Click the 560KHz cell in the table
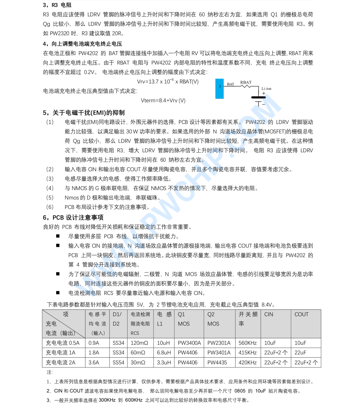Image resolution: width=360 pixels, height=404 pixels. click(248, 343)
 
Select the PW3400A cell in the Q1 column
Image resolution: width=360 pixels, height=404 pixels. click(189, 343)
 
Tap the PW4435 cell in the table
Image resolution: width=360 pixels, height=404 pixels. click(217, 363)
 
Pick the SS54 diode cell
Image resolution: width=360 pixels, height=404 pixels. click(118, 363)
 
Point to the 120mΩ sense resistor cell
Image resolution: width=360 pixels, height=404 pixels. click(139, 343)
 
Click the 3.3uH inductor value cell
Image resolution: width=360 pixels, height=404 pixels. click(164, 363)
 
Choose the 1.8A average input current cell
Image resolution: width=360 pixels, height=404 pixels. click(94, 353)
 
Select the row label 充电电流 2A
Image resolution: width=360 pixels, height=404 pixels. click(61, 363)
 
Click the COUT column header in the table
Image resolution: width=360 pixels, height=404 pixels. click(301, 314)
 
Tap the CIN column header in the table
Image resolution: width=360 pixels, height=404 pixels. click(269, 314)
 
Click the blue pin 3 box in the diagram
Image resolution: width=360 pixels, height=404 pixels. click(220, 89)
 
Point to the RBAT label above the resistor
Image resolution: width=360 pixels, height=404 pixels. click(246, 83)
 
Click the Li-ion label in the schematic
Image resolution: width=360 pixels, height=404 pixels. click(266, 89)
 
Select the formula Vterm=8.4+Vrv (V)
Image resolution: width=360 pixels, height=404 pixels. click(163, 100)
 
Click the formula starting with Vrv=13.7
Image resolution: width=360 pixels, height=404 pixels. click(168, 81)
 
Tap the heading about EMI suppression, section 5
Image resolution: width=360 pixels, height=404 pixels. click(84, 113)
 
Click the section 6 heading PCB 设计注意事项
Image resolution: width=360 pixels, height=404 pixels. click(73, 218)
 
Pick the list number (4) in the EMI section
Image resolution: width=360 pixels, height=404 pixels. click(50, 188)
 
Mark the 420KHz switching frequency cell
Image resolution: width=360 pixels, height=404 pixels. click(248, 363)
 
